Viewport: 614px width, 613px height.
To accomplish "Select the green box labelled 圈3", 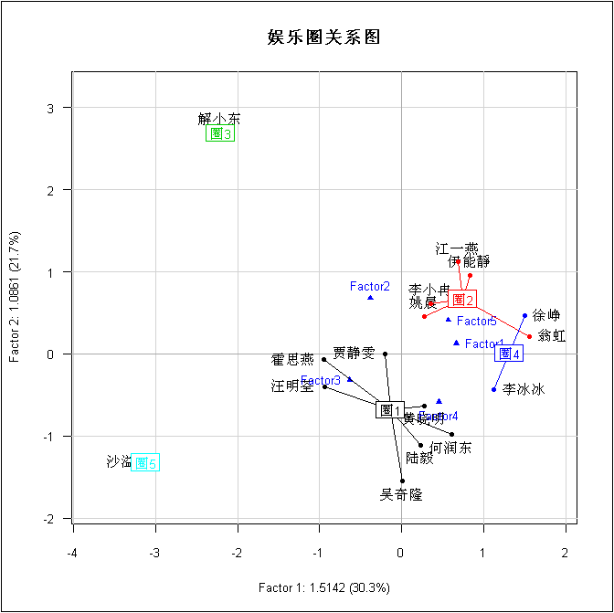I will coord(220,133).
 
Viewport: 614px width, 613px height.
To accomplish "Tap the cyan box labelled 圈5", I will coord(145,463).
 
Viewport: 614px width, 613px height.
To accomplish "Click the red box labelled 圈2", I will coord(462,300).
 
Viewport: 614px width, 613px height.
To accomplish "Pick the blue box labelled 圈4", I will coord(509,354).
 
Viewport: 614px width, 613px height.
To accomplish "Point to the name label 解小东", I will coord(219,119).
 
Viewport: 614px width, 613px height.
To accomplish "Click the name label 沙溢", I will coord(119,462).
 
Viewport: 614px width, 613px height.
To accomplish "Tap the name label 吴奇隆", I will coord(401,495).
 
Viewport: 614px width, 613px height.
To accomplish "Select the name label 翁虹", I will coord(552,336).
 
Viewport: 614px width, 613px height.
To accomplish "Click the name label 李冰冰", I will coord(524,389).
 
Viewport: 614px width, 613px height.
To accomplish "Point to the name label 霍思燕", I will coord(292,360).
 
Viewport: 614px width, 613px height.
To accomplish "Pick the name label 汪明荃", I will coord(292,386).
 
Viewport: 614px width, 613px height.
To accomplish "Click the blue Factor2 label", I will coord(370,287).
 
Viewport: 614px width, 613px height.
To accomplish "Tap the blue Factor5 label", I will coord(477,322).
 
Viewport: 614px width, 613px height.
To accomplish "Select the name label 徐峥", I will coord(546,316).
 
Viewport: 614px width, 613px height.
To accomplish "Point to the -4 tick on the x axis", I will coord(73,553).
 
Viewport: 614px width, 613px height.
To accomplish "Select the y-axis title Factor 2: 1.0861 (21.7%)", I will coord(16,296).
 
